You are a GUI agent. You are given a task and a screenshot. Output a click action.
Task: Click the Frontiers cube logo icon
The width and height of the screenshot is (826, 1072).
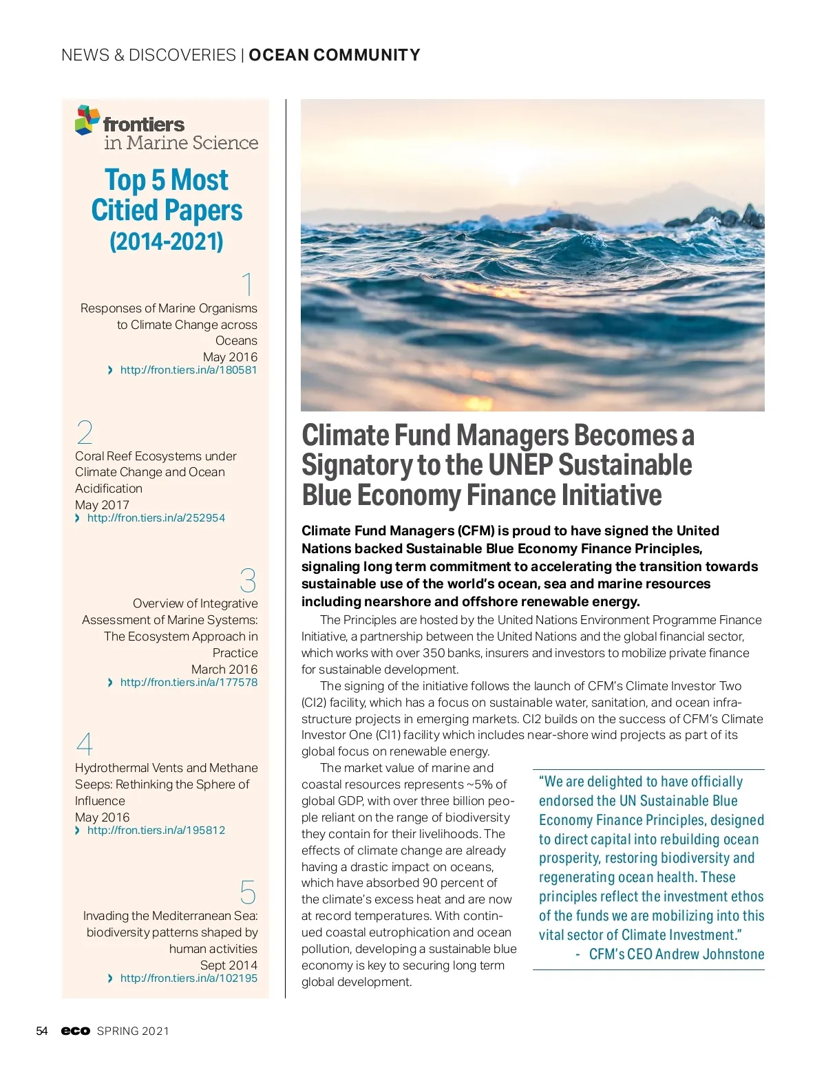point(87,120)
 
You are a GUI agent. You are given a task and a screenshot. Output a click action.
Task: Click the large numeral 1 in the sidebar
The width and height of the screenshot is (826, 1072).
point(248,285)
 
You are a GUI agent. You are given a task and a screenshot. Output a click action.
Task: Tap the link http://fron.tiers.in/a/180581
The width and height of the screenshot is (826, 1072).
point(188,370)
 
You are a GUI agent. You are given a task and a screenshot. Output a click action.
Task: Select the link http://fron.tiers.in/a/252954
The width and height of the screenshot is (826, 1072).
point(156,518)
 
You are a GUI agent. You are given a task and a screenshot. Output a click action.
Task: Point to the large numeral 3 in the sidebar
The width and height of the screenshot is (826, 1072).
point(248,581)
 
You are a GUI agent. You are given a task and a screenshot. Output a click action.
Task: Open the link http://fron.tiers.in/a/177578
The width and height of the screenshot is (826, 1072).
point(189,683)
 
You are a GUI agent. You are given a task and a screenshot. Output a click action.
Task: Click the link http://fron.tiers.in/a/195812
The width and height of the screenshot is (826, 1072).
point(156,830)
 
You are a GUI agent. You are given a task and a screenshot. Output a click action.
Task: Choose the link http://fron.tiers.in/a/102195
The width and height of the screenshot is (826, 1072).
point(189,978)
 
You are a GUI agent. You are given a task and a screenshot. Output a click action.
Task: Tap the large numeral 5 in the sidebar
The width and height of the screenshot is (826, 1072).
point(248,892)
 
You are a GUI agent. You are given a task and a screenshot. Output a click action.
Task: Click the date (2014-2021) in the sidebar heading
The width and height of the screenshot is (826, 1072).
point(167,242)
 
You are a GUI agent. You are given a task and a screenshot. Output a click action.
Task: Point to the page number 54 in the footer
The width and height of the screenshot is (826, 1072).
point(42,1031)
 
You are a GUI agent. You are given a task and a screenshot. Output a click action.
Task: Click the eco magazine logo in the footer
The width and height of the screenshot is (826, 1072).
point(76,1031)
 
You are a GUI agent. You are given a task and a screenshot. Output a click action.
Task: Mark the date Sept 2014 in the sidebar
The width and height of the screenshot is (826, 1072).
point(229,965)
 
